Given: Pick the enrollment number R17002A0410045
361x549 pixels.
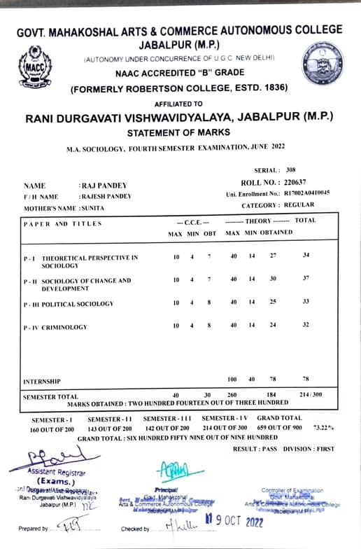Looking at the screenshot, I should [306, 193].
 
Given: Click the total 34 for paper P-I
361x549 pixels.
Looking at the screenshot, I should [306, 256].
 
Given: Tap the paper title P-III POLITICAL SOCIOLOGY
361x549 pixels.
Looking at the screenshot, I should [69, 304].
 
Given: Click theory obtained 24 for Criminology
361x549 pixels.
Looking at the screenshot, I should [272, 326].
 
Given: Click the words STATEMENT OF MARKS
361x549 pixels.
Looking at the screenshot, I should [180, 132].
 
